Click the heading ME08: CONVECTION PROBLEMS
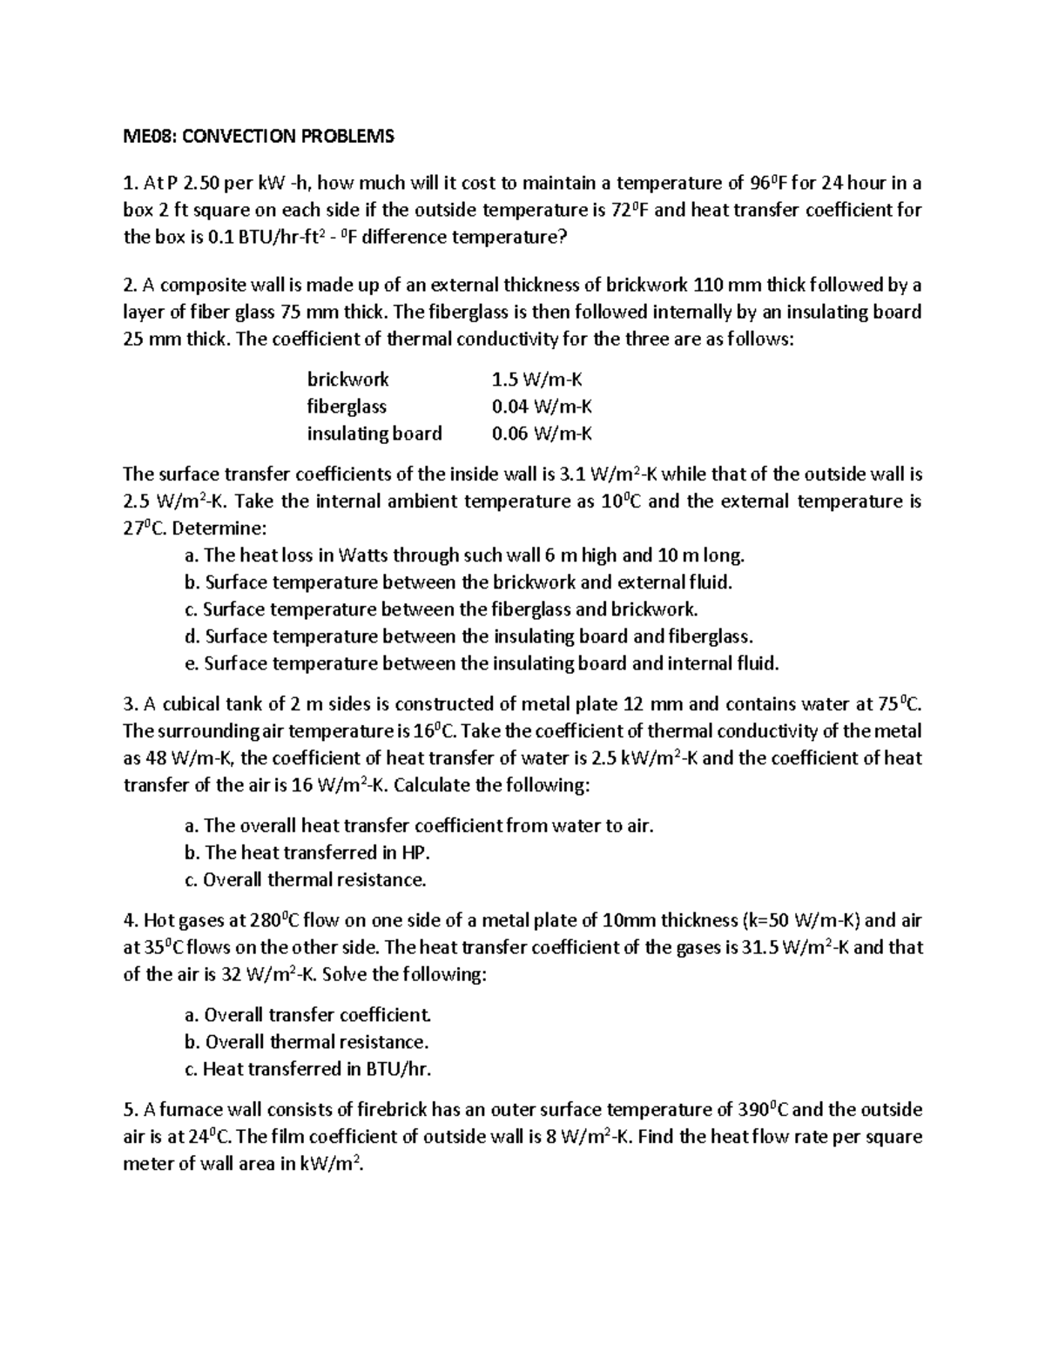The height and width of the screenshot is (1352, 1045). click(259, 136)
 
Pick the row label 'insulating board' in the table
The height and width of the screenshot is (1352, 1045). click(374, 434)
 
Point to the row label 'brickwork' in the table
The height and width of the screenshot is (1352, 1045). click(347, 380)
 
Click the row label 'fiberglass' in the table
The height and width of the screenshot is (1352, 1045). click(347, 407)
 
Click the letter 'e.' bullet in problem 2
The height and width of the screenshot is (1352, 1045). click(193, 663)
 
